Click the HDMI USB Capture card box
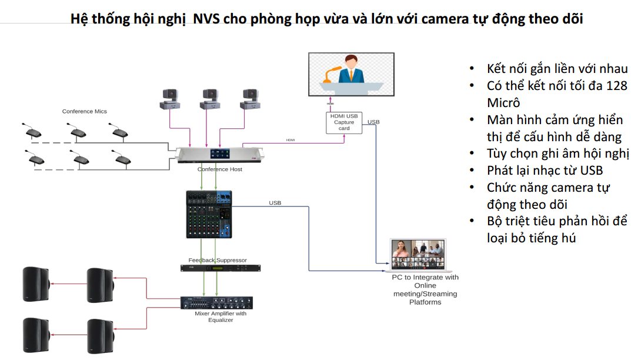344,122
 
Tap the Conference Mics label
85,111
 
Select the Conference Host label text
219,169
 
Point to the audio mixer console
209,214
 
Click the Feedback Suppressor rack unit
220,268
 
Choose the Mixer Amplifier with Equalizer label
221,316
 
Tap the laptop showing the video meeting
418,255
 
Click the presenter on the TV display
351,70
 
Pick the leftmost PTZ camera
169,98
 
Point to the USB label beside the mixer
275,203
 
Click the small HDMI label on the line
290,140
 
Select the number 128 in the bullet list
616,86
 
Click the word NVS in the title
208,19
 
